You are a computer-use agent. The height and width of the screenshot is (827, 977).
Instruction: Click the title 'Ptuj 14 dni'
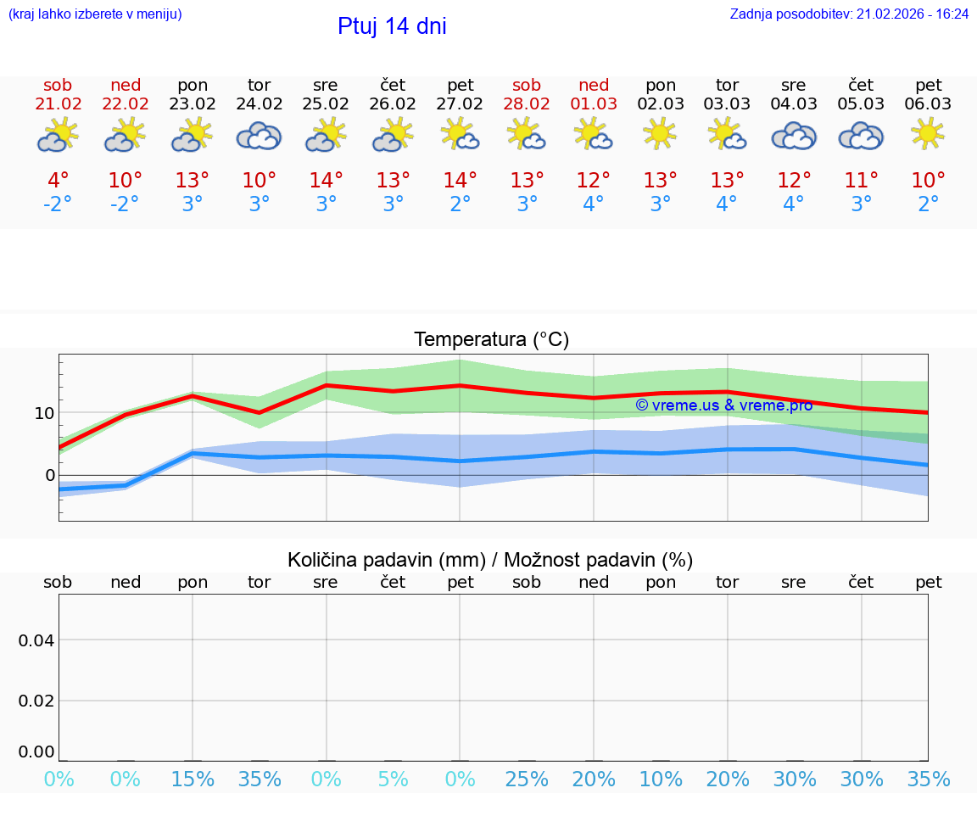(x=392, y=26)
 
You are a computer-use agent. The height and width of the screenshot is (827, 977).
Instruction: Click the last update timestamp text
(x=849, y=14)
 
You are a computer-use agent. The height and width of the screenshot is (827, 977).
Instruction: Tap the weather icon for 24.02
(x=259, y=136)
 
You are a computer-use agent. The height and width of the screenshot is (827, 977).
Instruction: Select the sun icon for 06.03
(x=928, y=133)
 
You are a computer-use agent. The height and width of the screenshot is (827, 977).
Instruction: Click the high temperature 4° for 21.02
(x=59, y=181)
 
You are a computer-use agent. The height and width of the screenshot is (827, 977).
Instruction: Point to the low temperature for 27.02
(x=460, y=204)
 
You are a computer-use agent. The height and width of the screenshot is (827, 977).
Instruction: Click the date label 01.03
(x=594, y=104)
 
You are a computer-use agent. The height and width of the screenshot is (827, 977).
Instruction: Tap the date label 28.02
(x=527, y=104)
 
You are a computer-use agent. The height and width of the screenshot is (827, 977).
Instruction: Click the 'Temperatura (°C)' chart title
(x=491, y=339)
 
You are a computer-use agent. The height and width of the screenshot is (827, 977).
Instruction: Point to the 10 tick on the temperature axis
(x=44, y=413)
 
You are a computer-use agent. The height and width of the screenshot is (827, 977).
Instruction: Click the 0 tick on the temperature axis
(x=50, y=475)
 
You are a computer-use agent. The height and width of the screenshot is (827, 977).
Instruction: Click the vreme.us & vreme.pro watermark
(x=723, y=405)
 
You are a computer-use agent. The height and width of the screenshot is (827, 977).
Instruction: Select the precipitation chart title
(x=490, y=560)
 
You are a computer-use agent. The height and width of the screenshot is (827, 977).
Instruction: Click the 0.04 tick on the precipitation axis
(x=36, y=640)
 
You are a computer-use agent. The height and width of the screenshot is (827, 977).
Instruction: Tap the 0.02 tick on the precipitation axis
(x=36, y=701)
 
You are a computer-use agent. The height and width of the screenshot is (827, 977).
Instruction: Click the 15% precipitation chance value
(x=193, y=779)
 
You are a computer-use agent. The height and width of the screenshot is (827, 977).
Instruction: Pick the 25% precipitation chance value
(x=527, y=779)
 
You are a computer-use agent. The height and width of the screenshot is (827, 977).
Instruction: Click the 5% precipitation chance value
(x=393, y=779)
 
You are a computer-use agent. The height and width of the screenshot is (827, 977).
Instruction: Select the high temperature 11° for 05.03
(x=862, y=181)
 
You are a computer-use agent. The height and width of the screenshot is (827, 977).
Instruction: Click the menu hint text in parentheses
(x=95, y=14)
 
